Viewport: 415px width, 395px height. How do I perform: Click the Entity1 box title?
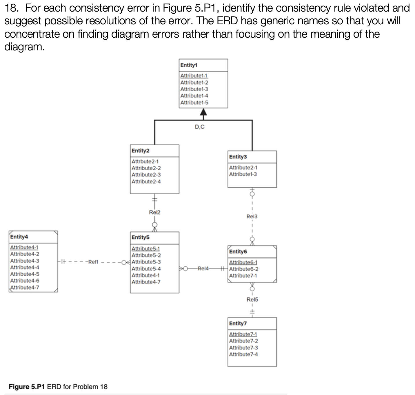click(x=189, y=65)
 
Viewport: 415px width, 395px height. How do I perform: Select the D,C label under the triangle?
click(x=199, y=127)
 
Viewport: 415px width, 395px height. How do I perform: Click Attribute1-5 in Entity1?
click(x=194, y=103)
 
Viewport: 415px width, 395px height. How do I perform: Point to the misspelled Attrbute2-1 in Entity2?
click(x=145, y=161)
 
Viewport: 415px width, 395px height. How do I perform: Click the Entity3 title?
click(x=238, y=157)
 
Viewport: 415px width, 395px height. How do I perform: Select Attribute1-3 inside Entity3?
click(x=243, y=174)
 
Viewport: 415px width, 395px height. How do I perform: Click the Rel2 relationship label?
click(x=154, y=212)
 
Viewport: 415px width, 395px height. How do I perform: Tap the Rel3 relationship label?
click(x=252, y=216)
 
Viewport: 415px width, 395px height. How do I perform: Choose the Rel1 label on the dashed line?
click(x=93, y=262)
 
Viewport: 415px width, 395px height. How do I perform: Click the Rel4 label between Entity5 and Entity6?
click(x=203, y=269)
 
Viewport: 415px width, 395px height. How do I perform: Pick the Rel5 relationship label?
click(x=252, y=299)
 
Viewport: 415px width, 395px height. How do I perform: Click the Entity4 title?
click(x=19, y=237)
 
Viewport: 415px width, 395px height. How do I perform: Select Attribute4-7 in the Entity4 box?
click(x=25, y=287)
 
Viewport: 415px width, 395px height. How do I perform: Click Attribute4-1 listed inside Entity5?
click(x=145, y=275)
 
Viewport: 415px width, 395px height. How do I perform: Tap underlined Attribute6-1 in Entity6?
click(x=243, y=262)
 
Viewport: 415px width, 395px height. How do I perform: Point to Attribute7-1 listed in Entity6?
click(x=243, y=275)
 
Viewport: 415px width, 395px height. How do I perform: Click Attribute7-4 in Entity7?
click(x=243, y=354)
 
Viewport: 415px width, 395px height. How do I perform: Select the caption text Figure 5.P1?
click(x=27, y=387)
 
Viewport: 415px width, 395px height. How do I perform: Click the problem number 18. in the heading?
click(x=13, y=8)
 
